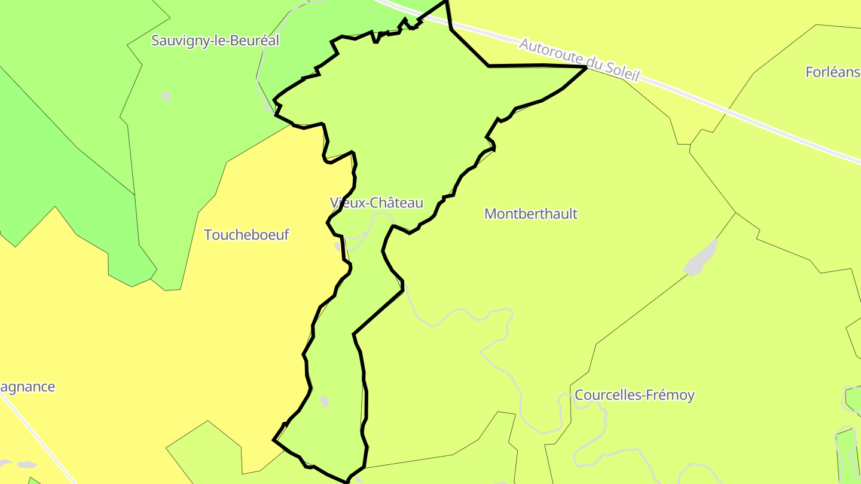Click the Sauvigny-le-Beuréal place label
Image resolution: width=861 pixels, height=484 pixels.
(215, 41)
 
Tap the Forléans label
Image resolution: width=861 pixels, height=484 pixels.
(832, 72)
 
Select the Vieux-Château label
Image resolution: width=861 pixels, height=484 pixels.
(376, 203)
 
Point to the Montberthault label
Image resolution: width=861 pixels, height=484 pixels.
(531, 214)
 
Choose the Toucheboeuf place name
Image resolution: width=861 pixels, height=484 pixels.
(246, 235)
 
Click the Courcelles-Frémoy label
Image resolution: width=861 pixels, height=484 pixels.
(634, 395)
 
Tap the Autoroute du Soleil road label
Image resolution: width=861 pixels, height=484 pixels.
(579, 60)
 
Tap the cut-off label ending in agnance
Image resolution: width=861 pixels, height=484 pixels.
(28, 387)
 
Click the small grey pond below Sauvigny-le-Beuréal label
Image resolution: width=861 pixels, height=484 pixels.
(166, 96)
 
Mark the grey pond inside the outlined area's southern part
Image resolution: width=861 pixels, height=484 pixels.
(324, 402)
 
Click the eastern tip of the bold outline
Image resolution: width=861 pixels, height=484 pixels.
(585, 68)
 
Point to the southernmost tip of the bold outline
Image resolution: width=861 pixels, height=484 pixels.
(347, 481)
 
